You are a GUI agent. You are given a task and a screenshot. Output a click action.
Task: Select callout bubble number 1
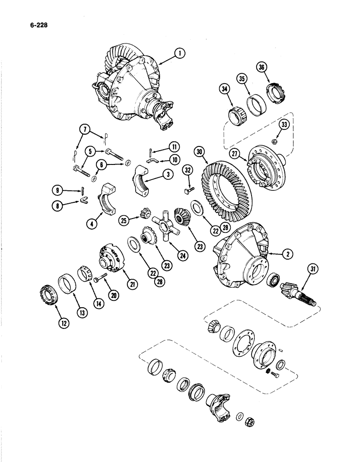pyautogui.click(x=180, y=55)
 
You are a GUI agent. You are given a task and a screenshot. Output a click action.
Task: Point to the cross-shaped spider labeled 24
pyautogui.click(x=167, y=225)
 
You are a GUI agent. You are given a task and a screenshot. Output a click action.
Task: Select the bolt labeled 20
pyautogui.click(x=100, y=279)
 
